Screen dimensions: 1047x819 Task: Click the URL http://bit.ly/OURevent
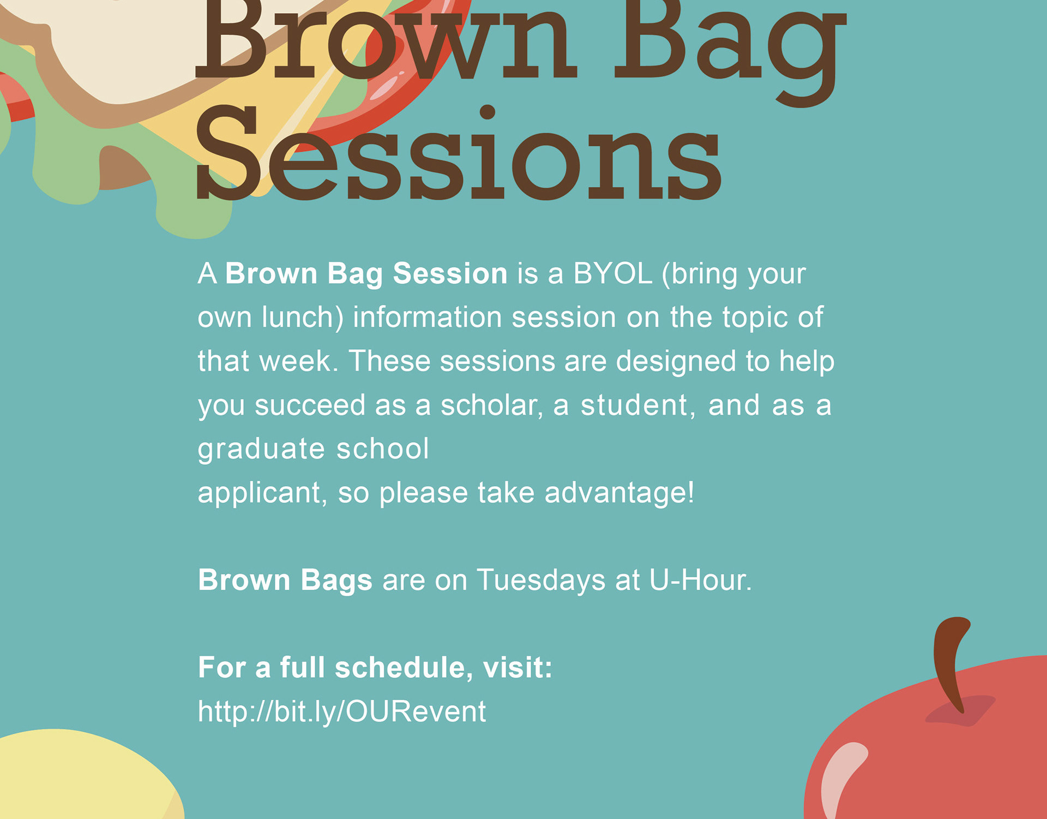[x=342, y=712]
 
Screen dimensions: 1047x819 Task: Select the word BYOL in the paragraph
[x=613, y=273]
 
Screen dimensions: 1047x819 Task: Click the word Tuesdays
[x=541, y=579]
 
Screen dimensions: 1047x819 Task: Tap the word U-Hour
[x=701, y=579]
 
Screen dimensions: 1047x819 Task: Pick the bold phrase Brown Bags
[x=285, y=581]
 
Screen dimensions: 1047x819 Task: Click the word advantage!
[x=619, y=493]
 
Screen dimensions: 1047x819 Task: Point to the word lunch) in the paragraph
[x=303, y=318]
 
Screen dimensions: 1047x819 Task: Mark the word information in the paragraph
[x=428, y=317]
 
